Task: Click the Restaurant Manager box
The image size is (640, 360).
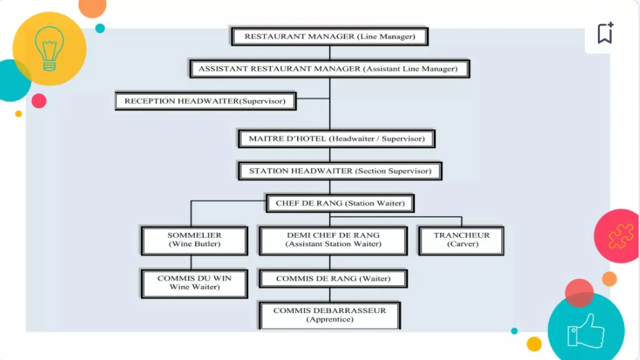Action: click(x=330, y=37)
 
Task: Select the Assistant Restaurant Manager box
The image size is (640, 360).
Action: click(x=329, y=69)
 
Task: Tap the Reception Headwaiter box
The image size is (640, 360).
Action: click(x=205, y=101)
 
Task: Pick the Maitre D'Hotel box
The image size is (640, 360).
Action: click(x=337, y=139)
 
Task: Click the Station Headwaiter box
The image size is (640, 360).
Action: click(x=340, y=171)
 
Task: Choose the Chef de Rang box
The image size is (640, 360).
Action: click(x=340, y=203)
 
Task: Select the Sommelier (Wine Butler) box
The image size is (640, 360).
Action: click(x=194, y=240)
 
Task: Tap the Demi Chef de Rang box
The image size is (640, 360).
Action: click(x=333, y=240)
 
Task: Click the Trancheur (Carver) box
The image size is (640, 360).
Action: click(x=462, y=240)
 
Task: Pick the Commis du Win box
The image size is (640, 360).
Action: click(x=194, y=283)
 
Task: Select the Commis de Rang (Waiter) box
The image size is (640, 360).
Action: click(x=333, y=279)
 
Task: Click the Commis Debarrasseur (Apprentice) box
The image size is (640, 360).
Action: click(x=330, y=315)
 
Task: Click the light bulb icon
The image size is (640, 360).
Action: click(x=49, y=48)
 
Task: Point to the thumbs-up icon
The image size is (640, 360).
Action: click(x=586, y=331)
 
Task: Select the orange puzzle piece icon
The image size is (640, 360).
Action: click(x=620, y=236)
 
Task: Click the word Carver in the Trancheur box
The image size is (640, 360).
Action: click(x=462, y=244)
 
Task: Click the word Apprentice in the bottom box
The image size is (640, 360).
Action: click(x=330, y=319)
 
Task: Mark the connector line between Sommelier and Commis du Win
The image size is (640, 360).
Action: click(x=191, y=262)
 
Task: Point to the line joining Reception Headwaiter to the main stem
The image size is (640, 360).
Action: click(x=312, y=98)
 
